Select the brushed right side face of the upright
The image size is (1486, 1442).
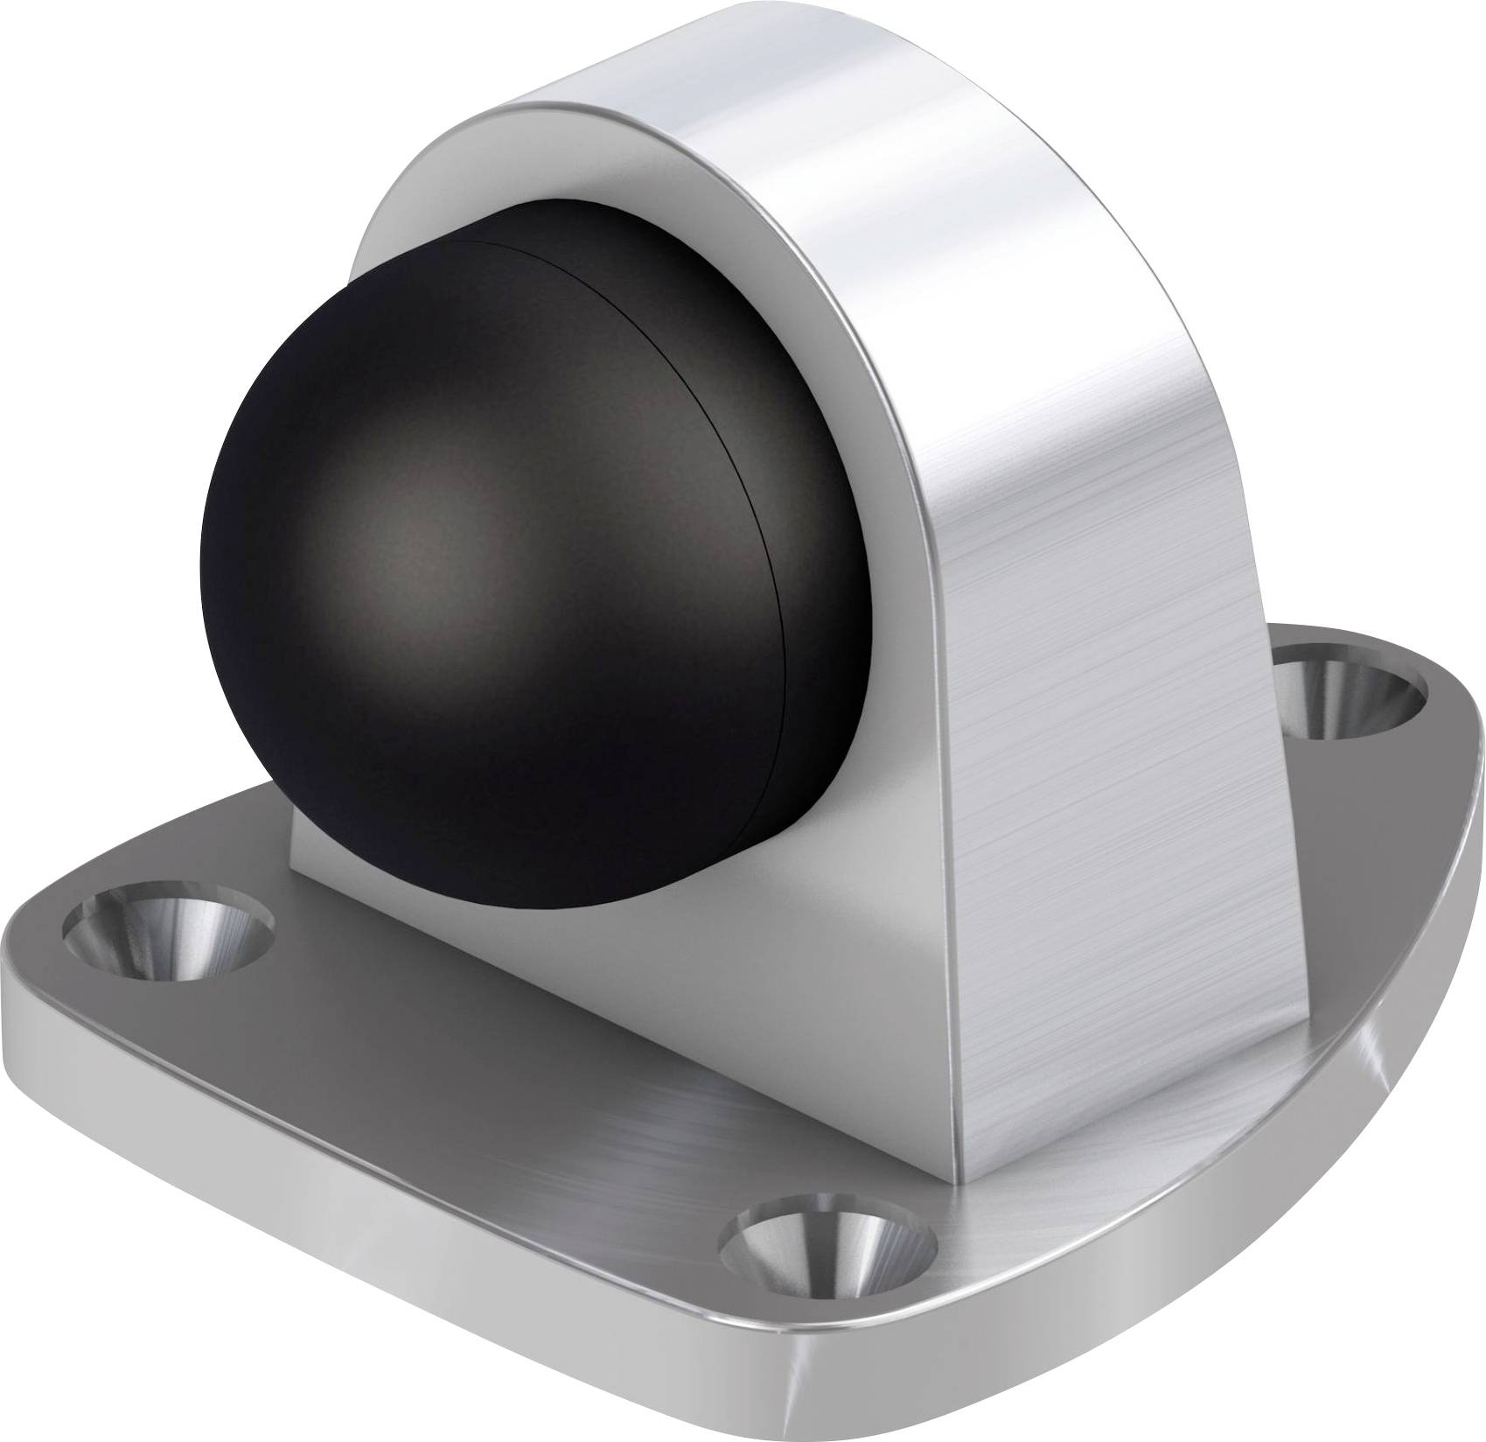[1093, 700]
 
